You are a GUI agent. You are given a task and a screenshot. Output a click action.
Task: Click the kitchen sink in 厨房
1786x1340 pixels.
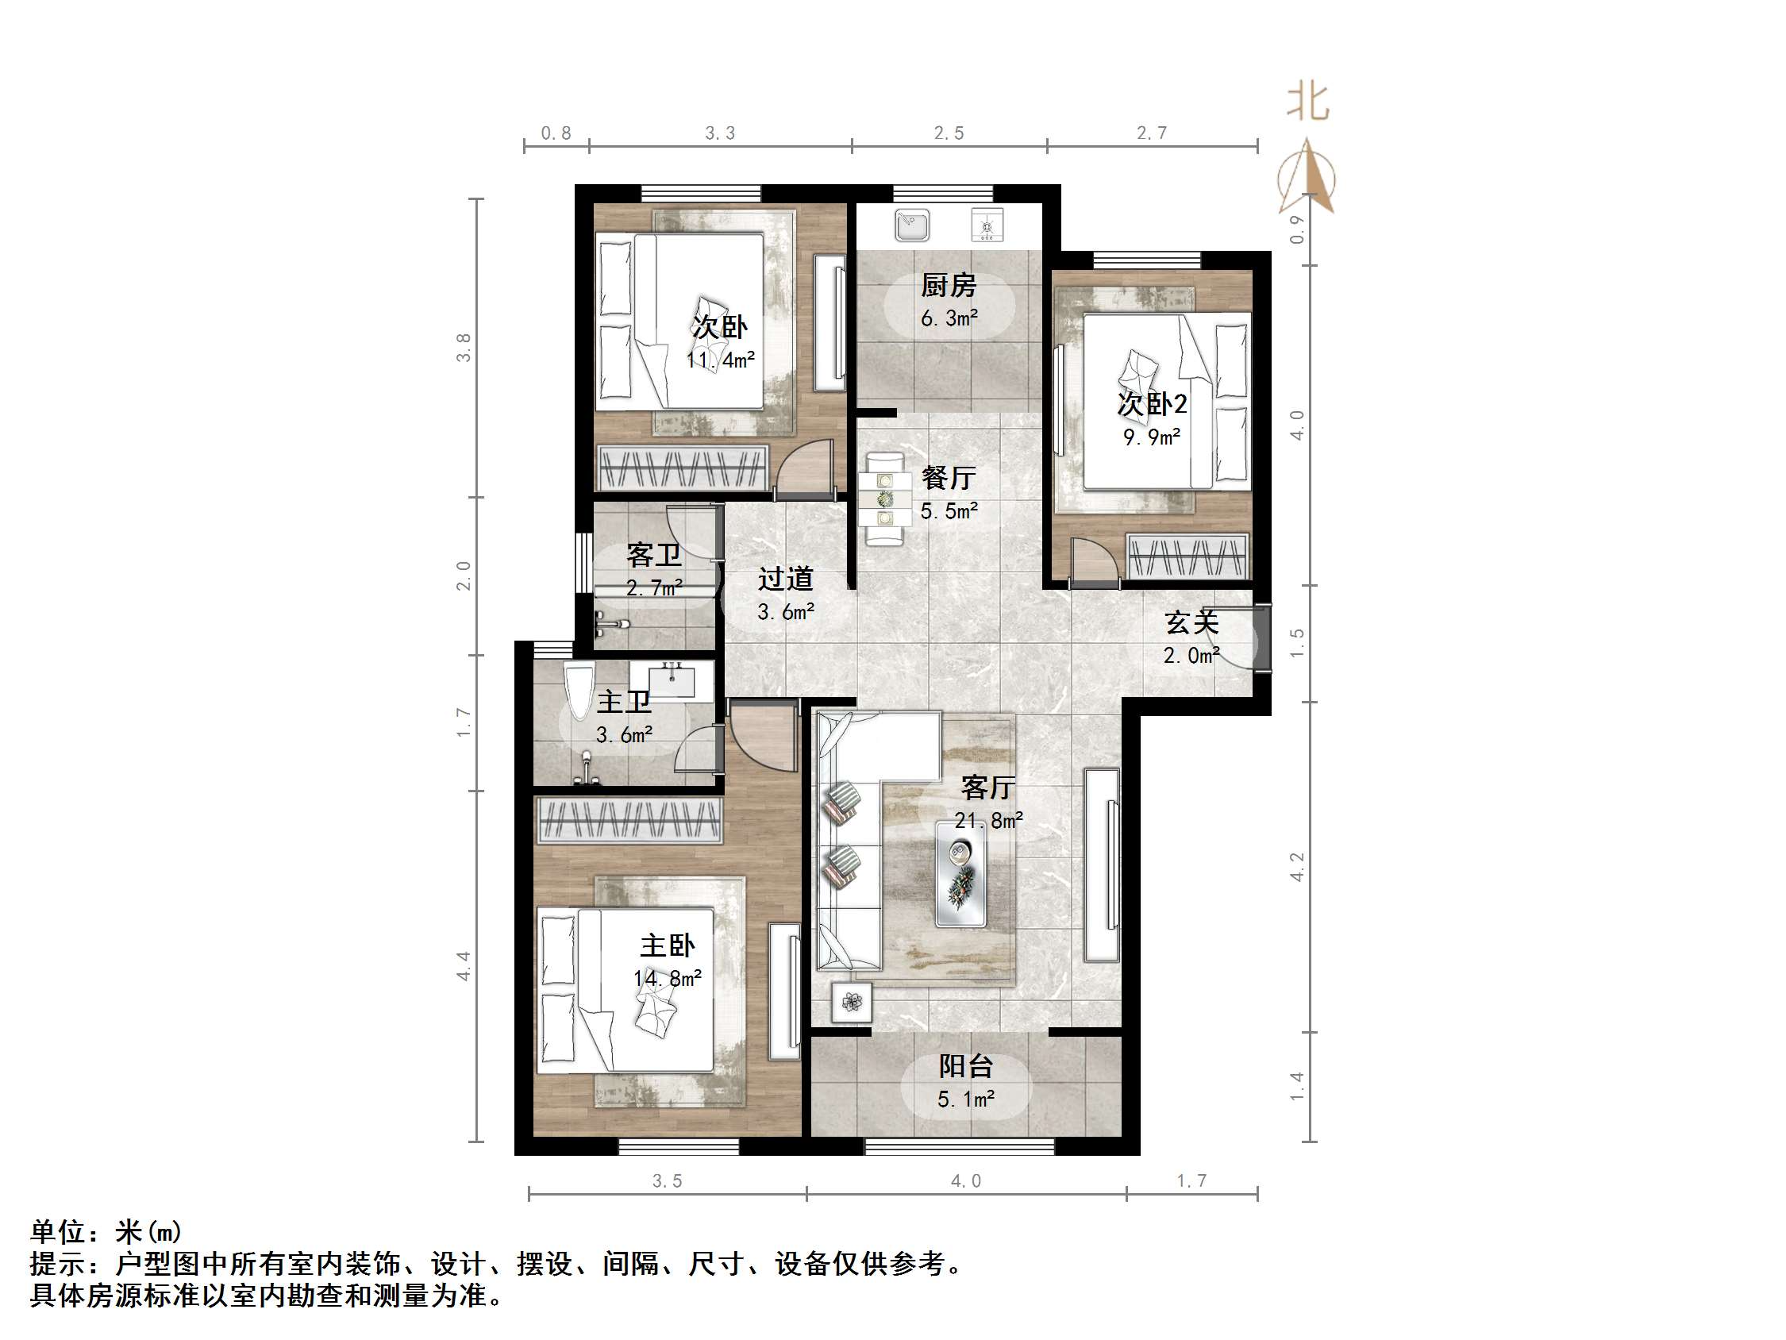pos(911,225)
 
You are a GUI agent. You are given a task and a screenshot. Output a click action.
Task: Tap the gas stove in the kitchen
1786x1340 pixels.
pos(986,225)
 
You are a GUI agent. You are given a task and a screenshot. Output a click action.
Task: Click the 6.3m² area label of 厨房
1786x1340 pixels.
pos(949,318)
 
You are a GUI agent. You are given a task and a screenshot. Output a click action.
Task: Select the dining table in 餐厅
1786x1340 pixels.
pos(885,499)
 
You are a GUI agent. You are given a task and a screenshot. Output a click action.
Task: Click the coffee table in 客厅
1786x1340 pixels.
pos(960,872)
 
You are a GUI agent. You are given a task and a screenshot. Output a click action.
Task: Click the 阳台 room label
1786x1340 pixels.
pos(965,1066)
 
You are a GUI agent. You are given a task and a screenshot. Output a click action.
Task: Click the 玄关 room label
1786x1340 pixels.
pos(1191,622)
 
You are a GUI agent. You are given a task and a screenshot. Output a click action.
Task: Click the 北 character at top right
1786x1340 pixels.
pos(1307,102)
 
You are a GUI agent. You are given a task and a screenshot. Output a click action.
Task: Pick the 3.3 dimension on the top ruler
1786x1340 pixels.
pos(719,133)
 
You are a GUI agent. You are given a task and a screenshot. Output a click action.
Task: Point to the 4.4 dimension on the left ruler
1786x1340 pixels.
pos(464,966)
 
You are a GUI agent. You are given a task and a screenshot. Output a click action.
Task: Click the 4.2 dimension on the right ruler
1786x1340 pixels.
pos(1297,867)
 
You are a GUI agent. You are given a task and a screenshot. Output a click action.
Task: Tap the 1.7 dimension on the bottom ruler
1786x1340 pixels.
pos(1191,1181)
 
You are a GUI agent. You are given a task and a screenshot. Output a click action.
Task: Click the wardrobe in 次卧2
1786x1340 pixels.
pos(1187,556)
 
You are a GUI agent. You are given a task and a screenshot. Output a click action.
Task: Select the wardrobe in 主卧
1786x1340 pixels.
pos(628,820)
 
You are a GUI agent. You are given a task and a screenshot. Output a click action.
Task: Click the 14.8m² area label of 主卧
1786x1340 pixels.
pos(667,979)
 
